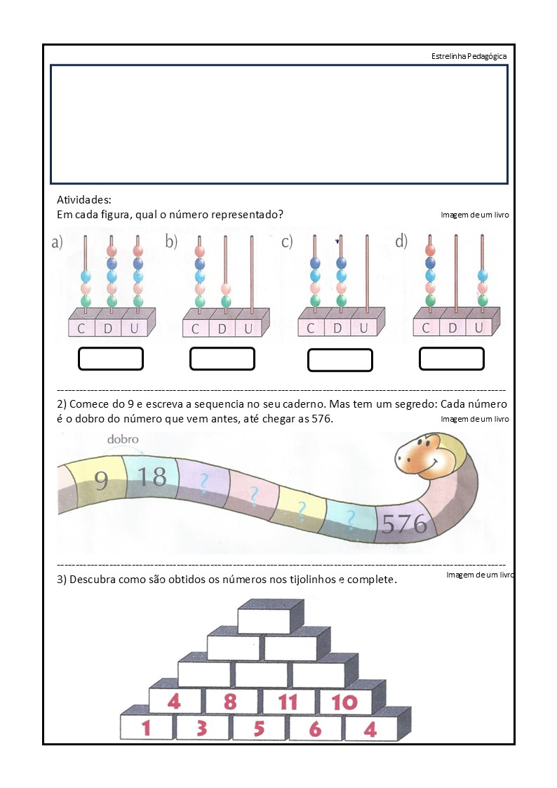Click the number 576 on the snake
[x=404, y=523]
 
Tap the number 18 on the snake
[x=152, y=476]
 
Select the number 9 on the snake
[x=101, y=480]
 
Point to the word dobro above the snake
[x=123, y=439]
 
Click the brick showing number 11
[x=288, y=702]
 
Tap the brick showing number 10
[x=344, y=702]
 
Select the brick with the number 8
[x=230, y=702]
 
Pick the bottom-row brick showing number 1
[x=146, y=727]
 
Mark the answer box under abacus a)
[x=111, y=359]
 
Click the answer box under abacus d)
[x=452, y=359]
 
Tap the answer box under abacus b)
[x=222, y=359]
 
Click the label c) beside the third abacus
[x=287, y=241]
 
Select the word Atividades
[x=84, y=199]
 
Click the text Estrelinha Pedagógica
[x=469, y=56]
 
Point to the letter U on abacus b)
[x=248, y=329]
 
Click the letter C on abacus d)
[x=426, y=328]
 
